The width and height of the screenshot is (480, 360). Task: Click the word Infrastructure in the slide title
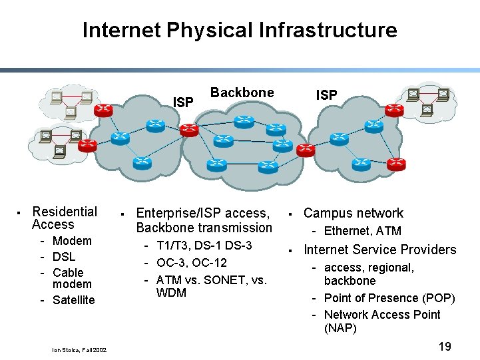point(328,30)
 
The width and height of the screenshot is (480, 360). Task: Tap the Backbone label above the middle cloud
point(242,92)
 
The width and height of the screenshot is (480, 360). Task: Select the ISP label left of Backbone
point(183,102)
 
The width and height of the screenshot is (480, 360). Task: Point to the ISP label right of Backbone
point(326,95)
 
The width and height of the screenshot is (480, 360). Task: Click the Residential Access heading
point(64,218)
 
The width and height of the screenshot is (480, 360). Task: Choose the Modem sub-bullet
point(72,241)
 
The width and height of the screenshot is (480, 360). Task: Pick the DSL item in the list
point(64,257)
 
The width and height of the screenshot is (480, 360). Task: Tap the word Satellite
point(73,300)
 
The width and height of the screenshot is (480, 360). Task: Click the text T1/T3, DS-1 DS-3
point(204,246)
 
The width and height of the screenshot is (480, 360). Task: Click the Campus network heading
point(353,214)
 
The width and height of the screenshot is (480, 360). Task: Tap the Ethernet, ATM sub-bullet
point(362,231)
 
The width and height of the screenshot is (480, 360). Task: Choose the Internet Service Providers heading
point(379,250)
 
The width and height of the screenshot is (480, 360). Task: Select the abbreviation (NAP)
point(340,329)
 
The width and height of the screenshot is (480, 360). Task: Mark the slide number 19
point(445,347)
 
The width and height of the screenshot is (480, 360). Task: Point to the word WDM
point(171,293)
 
